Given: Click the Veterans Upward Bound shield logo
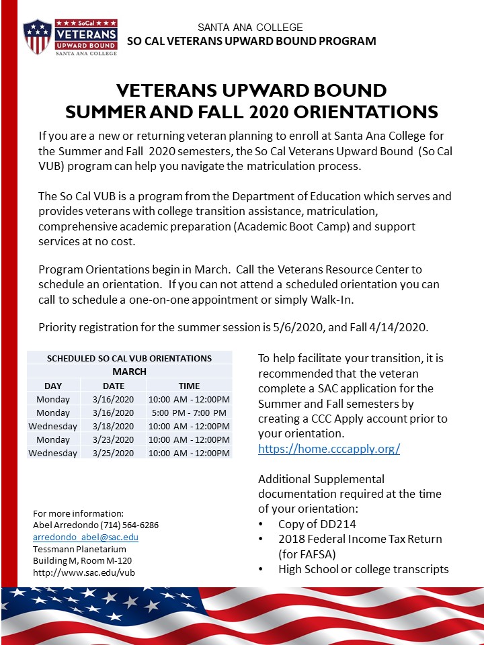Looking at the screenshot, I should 37,36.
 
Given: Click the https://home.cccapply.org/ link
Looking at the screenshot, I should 329,449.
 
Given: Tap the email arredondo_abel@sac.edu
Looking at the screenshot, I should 86,537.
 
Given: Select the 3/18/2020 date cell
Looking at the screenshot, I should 113,426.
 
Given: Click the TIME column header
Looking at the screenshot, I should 189,386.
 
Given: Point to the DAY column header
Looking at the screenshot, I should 53,386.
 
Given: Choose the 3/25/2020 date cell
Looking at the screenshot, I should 113,453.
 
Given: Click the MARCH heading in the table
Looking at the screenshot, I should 130,372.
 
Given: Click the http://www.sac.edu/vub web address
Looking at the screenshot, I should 84,573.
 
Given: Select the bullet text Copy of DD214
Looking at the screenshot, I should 317,524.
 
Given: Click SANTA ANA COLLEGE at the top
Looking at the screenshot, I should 250,28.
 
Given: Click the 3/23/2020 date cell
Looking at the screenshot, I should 113,439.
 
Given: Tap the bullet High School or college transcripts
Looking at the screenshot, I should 363,569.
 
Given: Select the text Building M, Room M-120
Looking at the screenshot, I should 82,561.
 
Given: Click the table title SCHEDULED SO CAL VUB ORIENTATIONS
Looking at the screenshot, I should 130,358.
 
